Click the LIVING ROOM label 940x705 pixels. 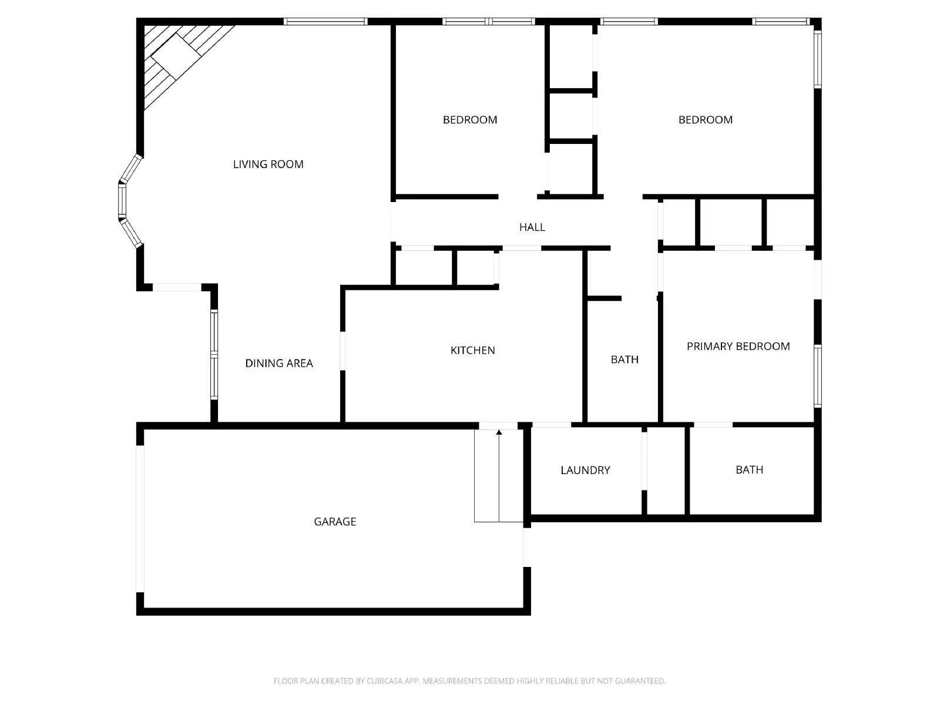(x=268, y=164)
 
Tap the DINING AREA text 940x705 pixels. (x=279, y=364)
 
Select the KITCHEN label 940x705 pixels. (x=472, y=351)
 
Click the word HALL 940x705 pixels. (x=532, y=227)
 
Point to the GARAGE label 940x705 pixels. (x=335, y=522)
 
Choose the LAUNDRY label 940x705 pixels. (x=585, y=470)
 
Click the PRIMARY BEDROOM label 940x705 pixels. (x=738, y=347)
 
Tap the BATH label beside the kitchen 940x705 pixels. (x=624, y=360)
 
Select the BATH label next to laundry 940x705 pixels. (x=749, y=470)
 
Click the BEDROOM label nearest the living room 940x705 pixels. (x=470, y=120)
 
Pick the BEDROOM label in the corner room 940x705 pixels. (x=705, y=120)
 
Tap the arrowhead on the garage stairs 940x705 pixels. (x=499, y=433)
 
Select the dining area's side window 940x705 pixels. (x=214, y=355)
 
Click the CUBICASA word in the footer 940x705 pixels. (x=385, y=681)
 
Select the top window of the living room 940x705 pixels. (x=325, y=22)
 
